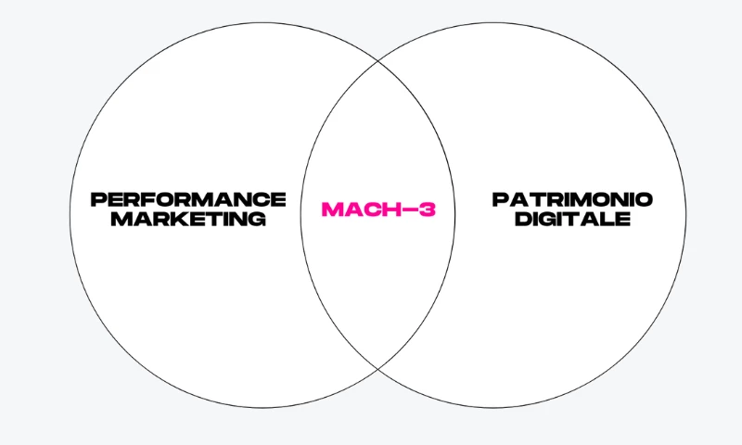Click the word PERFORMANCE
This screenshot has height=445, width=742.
point(188,199)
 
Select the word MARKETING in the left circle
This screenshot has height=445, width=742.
point(188,219)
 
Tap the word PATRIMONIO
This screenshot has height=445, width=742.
point(572,199)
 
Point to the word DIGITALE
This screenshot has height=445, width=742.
point(572,219)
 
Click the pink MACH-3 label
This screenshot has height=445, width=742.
point(378,209)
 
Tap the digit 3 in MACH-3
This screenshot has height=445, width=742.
point(427,209)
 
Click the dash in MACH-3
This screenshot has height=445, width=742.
point(409,210)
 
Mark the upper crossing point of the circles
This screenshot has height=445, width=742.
point(378,61)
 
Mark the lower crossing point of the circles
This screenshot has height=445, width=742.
point(378,368)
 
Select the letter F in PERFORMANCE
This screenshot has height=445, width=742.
point(143,199)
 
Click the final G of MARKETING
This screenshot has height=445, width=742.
point(257,219)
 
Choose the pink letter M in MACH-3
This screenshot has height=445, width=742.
point(332,209)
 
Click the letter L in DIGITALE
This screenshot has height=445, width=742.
point(609,219)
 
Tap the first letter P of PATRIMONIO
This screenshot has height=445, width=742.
point(500,199)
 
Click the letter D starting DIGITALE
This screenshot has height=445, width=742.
point(523,219)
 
